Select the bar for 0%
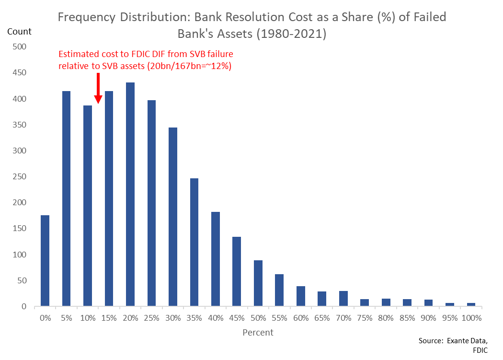click(x=45, y=261)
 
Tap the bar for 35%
click(x=194, y=242)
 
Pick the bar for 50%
click(x=258, y=283)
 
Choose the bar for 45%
click(x=237, y=271)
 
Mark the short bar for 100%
click(x=471, y=304)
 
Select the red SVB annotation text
click(x=145, y=60)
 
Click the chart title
click(x=251, y=25)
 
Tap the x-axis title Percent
click(x=258, y=332)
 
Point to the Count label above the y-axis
click(x=19, y=32)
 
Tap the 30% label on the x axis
click(x=172, y=318)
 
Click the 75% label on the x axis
click(x=364, y=318)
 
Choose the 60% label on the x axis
click(x=300, y=318)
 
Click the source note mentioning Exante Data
click(x=459, y=345)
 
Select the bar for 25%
click(x=151, y=203)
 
